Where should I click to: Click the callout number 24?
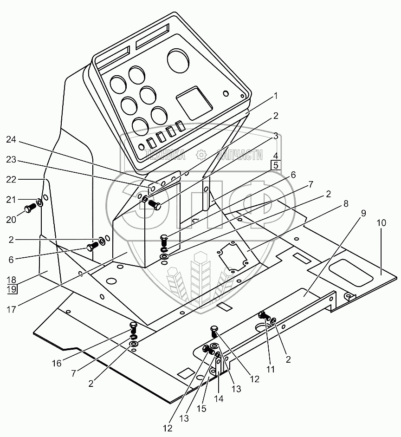click(x=11, y=138)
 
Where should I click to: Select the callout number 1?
click(x=275, y=96)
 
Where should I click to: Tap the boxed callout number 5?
click(x=275, y=165)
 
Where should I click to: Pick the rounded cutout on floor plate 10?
click(x=350, y=272)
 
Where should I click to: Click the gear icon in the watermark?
click(x=201, y=156)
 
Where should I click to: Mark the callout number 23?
click(x=11, y=159)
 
